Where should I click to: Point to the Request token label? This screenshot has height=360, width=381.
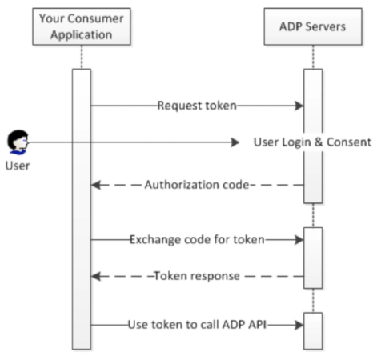pyautogui.click(x=196, y=105)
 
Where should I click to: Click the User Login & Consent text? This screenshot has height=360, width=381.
pyautogui.click(x=311, y=142)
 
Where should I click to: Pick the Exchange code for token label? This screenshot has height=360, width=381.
pyautogui.click(x=197, y=239)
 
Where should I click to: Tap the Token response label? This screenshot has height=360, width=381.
pyautogui.click(x=197, y=276)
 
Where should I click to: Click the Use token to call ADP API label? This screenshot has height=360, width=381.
pyautogui.click(x=197, y=324)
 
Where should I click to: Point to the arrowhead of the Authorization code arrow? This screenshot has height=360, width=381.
pyautogui.click(x=95, y=185)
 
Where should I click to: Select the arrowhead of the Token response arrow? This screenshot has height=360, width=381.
pyautogui.click(x=95, y=276)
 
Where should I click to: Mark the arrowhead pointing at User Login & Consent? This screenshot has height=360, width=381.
pyautogui.click(x=235, y=142)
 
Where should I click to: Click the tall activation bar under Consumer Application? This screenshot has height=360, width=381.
pyautogui.click(x=81, y=208)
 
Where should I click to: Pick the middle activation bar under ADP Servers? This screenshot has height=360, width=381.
pyautogui.click(x=312, y=258)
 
